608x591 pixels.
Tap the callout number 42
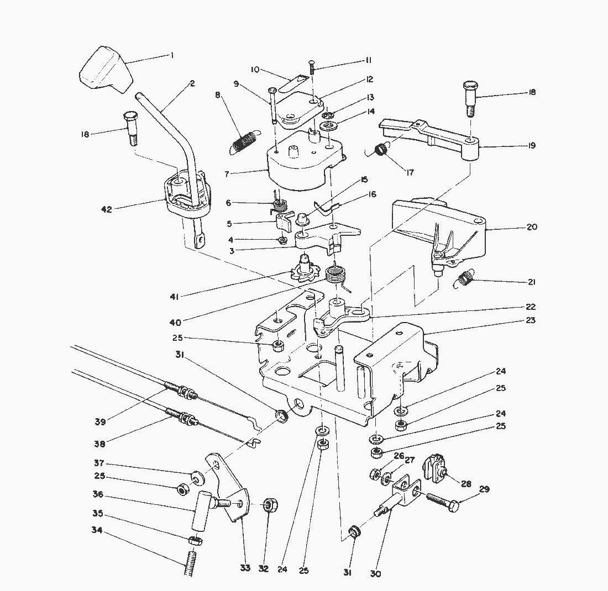coord(107,209)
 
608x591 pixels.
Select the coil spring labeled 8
coord(244,141)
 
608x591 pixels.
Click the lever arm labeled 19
coord(437,136)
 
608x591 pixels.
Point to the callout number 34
coord(97,531)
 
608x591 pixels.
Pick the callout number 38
coord(99,443)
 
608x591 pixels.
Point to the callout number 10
coord(255,70)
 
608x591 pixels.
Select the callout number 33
coord(245,568)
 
